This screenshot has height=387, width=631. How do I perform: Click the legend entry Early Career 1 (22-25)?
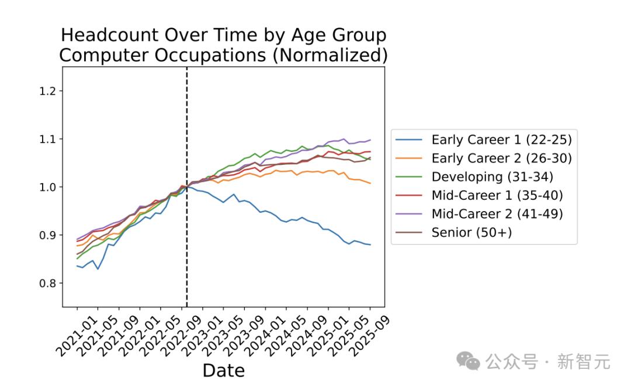(483, 140)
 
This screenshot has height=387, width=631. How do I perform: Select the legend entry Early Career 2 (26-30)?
(483, 158)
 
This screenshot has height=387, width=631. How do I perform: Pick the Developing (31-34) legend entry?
(474, 177)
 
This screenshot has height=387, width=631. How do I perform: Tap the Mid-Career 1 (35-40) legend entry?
(479, 195)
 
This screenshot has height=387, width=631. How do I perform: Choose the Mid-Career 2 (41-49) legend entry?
(479, 214)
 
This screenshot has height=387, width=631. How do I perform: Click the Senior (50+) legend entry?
(453, 232)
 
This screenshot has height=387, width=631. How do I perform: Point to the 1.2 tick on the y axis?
(47, 91)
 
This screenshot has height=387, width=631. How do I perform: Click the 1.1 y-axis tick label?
(47, 139)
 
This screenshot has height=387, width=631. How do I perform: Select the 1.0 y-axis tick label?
(47, 187)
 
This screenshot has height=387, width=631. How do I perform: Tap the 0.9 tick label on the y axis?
(47, 235)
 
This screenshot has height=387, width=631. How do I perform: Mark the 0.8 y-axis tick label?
(47, 284)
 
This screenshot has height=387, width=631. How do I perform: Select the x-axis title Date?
(224, 371)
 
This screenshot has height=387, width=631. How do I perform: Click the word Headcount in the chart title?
(109, 35)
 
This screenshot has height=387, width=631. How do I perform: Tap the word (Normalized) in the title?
(330, 55)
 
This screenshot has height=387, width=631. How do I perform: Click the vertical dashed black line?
(187, 187)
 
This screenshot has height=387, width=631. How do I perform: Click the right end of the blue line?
(370, 245)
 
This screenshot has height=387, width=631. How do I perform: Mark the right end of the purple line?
(370, 140)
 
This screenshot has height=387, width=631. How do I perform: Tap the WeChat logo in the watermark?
(468, 361)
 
